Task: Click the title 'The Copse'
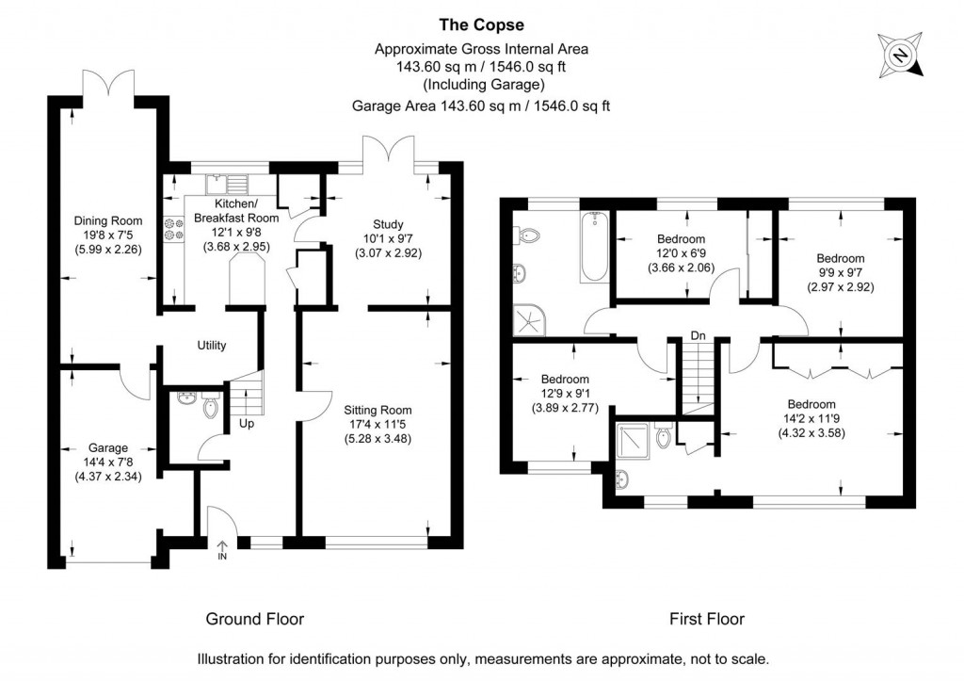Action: coord(481,25)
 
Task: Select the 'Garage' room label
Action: coord(108,447)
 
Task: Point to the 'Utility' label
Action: coord(212,346)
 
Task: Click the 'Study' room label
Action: coord(387,224)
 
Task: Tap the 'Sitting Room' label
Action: coord(378,410)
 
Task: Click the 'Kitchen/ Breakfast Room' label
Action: coord(236,211)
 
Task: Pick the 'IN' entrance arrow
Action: coord(223,549)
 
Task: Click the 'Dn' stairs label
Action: coord(698,335)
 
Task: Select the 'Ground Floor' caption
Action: coord(255,619)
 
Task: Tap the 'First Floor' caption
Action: coord(706,619)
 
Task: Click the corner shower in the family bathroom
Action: coord(524,320)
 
